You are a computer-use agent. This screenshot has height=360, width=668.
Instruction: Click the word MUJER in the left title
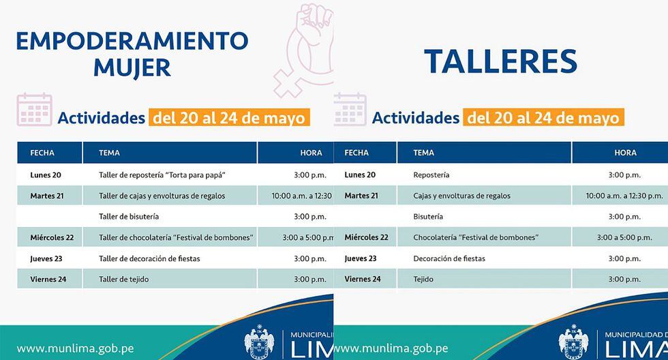click(x=132, y=68)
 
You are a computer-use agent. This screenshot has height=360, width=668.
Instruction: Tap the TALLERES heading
click(x=500, y=61)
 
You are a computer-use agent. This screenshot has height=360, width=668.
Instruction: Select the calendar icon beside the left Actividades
click(x=35, y=110)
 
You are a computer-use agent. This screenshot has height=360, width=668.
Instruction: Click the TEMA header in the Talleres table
click(x=423, y=153)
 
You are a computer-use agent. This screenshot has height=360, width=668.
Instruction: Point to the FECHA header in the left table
click(x=42, y=153)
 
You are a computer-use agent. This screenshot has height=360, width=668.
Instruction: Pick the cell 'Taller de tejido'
click(x=124, y=280)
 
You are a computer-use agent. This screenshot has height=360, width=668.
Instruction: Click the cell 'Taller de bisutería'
click(x=129, y=216)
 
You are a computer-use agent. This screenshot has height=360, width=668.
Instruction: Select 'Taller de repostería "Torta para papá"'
click(x=162, y=175)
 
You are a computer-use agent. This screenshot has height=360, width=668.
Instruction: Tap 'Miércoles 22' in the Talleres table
click(x=367, y=237)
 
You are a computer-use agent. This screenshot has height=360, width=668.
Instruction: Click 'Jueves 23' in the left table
click(x=46, y=258)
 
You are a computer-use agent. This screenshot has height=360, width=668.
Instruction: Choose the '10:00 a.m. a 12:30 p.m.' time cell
click(x=624, y=196)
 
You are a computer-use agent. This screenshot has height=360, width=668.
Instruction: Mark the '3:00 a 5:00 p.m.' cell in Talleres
click(x=624, y=237)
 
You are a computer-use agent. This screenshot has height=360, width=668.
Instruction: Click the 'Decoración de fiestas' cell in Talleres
click(x=449, y=258)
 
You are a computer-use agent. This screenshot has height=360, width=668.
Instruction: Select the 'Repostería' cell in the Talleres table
click(x=431, y=175)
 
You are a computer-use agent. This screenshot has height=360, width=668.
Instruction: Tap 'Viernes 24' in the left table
click(x=48, y=280)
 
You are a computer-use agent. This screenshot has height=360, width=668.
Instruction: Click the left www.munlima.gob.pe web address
click(x=76, y=348)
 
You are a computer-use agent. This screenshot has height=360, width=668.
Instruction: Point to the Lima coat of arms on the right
click(x=573, y=342)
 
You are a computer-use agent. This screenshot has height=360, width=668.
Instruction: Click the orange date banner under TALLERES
click(x=544, y=117)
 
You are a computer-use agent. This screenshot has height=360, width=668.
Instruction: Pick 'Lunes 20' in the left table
click(x=46, y=175)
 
